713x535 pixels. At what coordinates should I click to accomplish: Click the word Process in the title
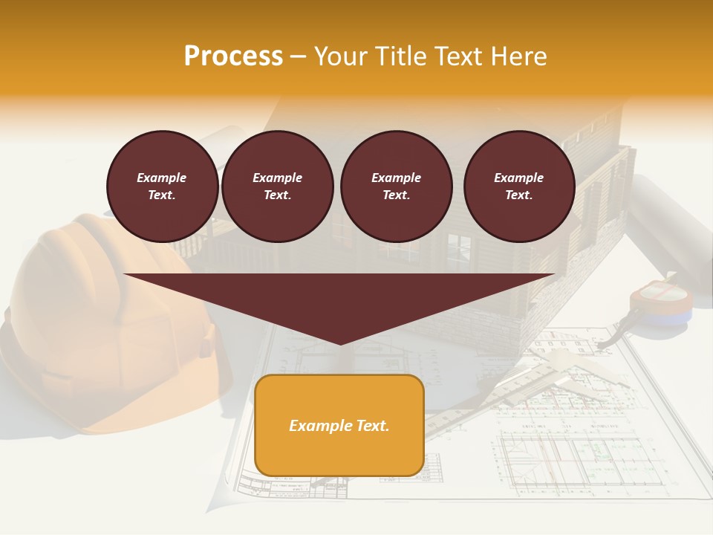click(233, 56)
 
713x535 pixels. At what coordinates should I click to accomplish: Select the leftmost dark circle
click(162, 187)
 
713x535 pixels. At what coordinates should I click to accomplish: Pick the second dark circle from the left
click(277, 187)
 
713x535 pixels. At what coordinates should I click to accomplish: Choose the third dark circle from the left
click(396, 187)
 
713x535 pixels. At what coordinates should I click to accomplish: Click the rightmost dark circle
click(518, 187)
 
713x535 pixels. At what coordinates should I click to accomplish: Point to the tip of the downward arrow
click(339, 343)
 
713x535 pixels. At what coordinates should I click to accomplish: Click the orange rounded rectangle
click(339, 453)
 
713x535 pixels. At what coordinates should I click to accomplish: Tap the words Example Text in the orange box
click(339, 426)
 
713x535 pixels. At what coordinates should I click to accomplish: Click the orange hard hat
click(97, 327)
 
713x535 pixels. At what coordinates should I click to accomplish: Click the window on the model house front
click(458, 249)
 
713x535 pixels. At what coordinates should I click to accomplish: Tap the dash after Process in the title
click(298, 56)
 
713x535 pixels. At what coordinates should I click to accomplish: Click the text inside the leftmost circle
click(162, 187)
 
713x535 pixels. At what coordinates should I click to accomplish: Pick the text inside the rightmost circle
click(518, 187)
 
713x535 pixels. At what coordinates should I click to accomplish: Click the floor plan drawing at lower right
click(572, 446)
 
